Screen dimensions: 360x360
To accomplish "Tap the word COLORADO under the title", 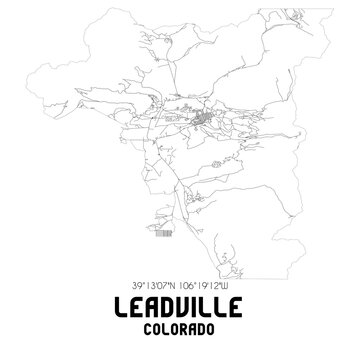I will [180, 327].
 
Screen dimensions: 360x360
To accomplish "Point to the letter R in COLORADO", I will [186, 327].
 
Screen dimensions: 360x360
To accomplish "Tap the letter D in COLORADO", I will [208, 327].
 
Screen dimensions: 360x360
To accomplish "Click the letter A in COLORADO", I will [197, 327].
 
